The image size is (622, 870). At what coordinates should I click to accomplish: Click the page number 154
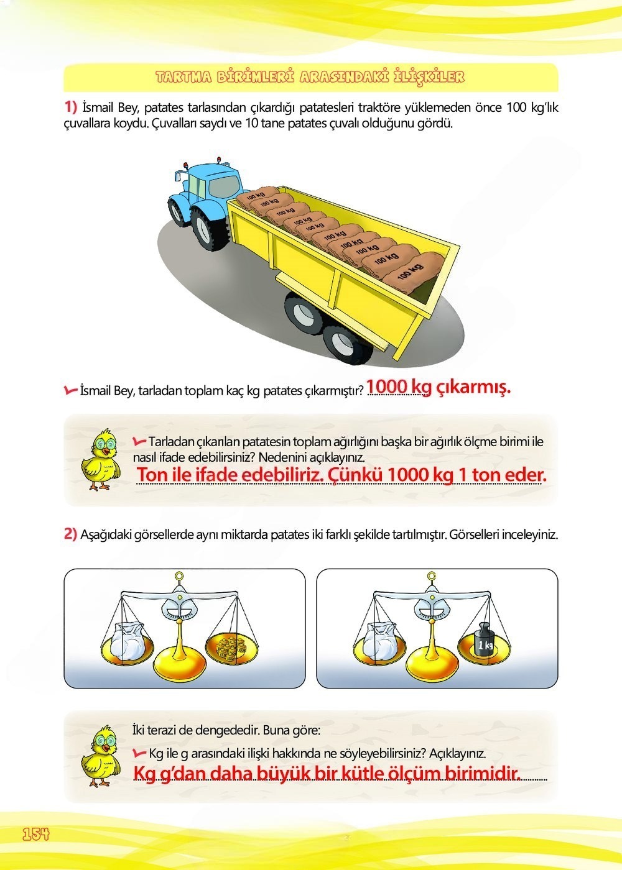[x=35, y=834]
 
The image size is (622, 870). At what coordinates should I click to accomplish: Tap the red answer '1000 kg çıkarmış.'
[x=439, y=387]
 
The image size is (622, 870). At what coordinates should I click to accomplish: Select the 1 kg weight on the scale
[x=485, y=642]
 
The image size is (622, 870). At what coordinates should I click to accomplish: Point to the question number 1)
[x=71, y=107]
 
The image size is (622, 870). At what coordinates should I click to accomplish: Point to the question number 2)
[x=71, y=534]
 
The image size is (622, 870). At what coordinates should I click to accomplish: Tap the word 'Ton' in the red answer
[x=155, y=475]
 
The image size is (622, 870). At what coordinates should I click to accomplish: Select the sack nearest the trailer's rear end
[x=404, y=272]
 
